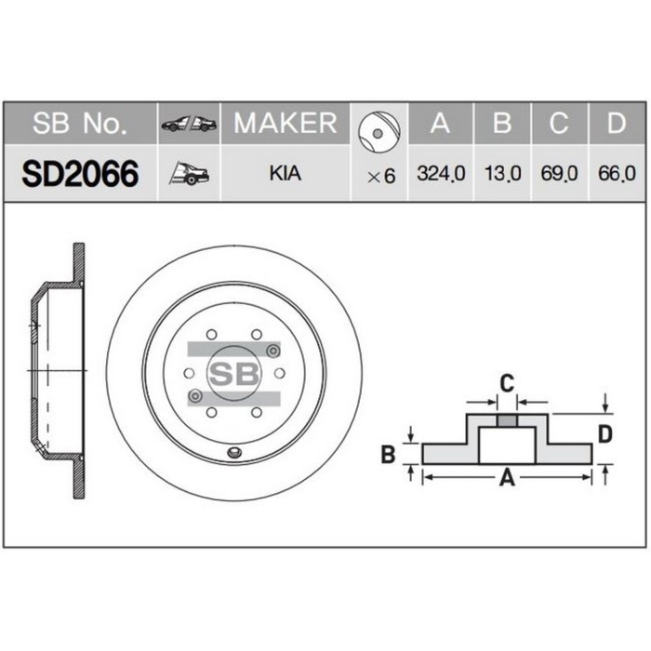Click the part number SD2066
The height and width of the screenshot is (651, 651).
(x=80, y=174)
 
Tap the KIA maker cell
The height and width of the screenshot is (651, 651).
(x=285, y=174)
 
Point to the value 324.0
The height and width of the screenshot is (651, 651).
(x=442, y=174)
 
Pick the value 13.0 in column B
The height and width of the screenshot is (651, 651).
(x=502, y=174)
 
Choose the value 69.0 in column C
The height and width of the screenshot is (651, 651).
(x=558, y=174)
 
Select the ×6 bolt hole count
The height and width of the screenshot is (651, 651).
(x=381, y=175)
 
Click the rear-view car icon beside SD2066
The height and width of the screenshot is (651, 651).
(x=189, y=174)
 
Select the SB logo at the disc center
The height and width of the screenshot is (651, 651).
(x=233, y=374)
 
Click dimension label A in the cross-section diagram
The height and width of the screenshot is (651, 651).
(x=508, y=478)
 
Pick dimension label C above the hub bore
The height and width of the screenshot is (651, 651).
(x=507, y=382)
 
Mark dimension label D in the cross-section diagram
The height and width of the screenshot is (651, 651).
(x=605, y=433)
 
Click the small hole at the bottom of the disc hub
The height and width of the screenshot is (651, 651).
(x=233, y=453)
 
